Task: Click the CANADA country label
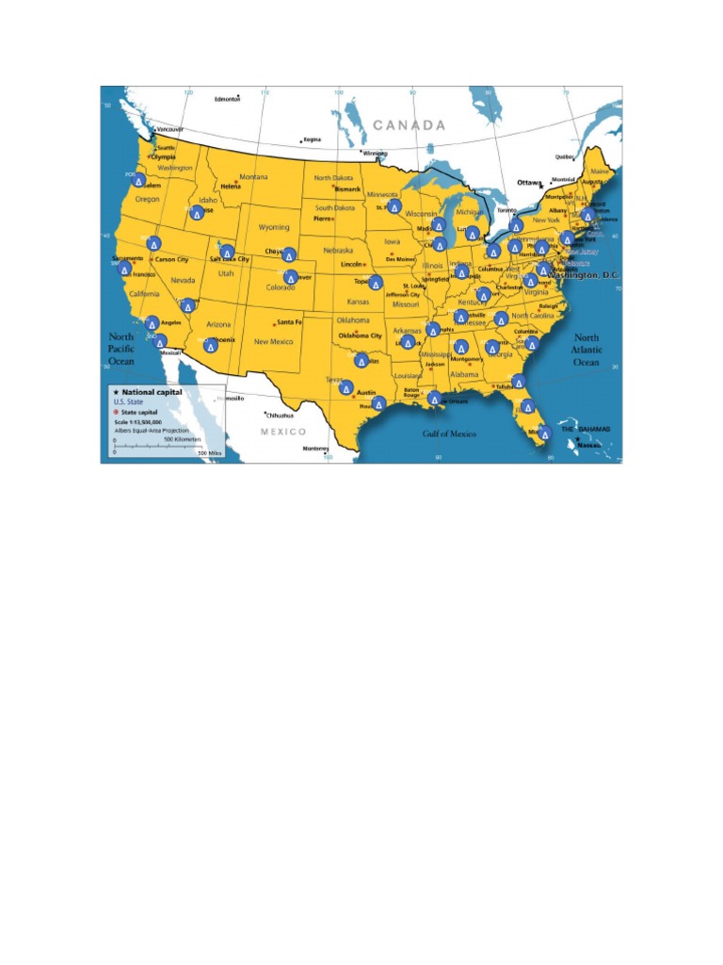tap(408, 124)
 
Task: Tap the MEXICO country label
tap(283, 431)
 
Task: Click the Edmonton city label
tap(228, 99)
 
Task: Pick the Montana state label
tap(253, 177)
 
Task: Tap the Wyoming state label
tap(274, 227)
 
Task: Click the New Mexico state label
tap(275, 341)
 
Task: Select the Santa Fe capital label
tap(288, 322)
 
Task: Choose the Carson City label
tap(171, 259)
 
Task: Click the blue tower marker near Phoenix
tap(211, 346)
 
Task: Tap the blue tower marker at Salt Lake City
tap(227, 253)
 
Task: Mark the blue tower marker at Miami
tap(544, 433)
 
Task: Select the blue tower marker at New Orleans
tap(434, 399)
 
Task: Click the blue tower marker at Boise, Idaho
tap(197, 213)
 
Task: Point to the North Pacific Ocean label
tap(122, 349)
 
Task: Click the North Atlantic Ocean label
tap(586, 350)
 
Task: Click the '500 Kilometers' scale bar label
tap(182, 439)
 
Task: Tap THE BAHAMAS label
tap(586, 429)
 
